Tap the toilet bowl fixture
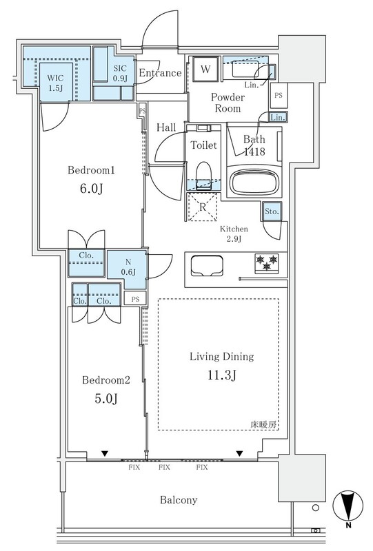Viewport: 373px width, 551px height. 203,176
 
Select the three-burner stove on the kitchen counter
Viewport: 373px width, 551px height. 267,263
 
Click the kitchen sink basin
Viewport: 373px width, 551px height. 207,266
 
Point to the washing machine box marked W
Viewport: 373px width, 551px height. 205,69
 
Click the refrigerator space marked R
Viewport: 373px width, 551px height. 202,207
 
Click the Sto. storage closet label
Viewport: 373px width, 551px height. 272,211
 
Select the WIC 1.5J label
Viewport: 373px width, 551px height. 56,83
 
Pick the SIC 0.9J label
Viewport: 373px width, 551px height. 120,74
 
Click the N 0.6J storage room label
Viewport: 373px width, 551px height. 128,267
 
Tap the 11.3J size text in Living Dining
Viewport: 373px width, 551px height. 222,375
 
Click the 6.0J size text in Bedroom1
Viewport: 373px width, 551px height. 91,189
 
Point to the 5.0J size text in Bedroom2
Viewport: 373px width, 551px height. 106,399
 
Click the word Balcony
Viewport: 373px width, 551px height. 179,500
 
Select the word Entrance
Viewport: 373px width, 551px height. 160,73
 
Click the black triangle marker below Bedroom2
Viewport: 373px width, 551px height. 105,454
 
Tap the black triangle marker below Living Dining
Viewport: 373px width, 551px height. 240,454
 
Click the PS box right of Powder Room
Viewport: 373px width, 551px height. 279,95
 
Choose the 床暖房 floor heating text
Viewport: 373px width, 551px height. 263,424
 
